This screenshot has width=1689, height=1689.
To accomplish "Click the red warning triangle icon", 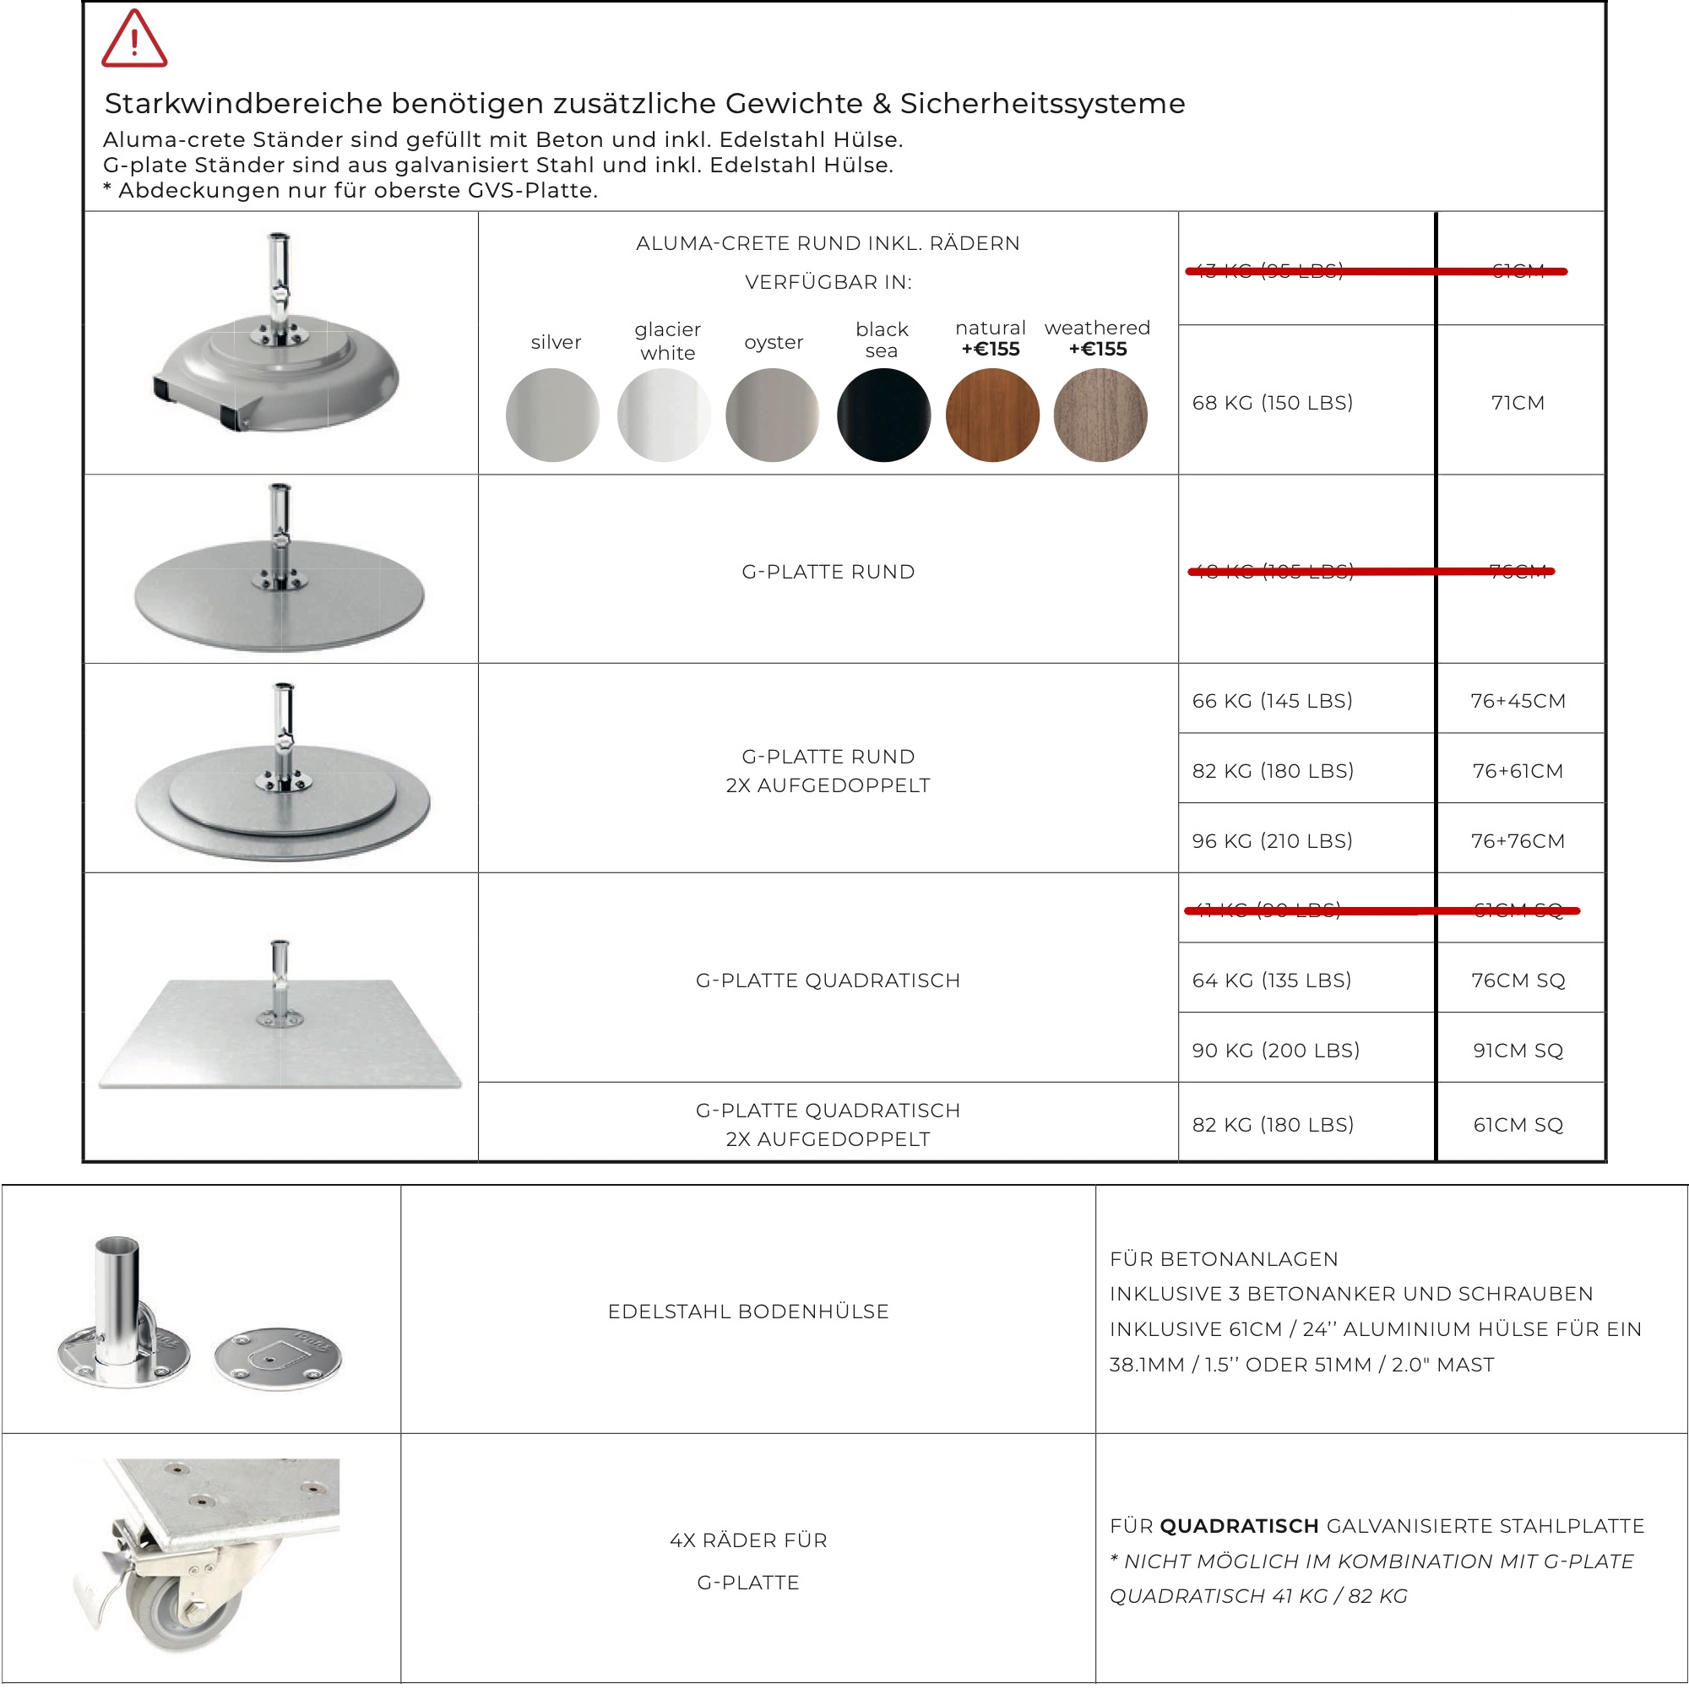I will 133,41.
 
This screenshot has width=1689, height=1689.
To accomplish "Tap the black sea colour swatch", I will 883,415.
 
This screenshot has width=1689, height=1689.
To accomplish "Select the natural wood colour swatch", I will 992,415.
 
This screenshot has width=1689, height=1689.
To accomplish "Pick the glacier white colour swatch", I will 664,415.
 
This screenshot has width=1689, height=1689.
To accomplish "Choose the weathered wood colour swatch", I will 1100,415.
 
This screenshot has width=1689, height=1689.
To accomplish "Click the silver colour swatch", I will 552,415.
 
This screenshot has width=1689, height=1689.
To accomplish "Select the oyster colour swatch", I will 773,415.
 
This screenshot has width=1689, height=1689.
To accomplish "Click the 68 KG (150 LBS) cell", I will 1272,403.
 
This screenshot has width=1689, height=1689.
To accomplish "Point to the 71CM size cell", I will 1518,403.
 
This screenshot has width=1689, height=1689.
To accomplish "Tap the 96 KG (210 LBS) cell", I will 1272,841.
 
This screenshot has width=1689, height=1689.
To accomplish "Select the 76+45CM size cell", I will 1518,701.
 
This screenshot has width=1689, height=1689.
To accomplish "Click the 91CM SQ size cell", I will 1518,1051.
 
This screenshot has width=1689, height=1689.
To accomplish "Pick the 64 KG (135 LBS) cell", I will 1272,980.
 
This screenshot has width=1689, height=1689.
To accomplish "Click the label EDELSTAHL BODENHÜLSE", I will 748,1312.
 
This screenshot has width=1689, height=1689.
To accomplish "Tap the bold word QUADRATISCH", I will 1239,1526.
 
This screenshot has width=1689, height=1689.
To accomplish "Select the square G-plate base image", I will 280,1032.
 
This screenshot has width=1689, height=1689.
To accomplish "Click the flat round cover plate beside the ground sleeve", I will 278,1357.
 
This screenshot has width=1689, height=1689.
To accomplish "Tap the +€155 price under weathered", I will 1098,350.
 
